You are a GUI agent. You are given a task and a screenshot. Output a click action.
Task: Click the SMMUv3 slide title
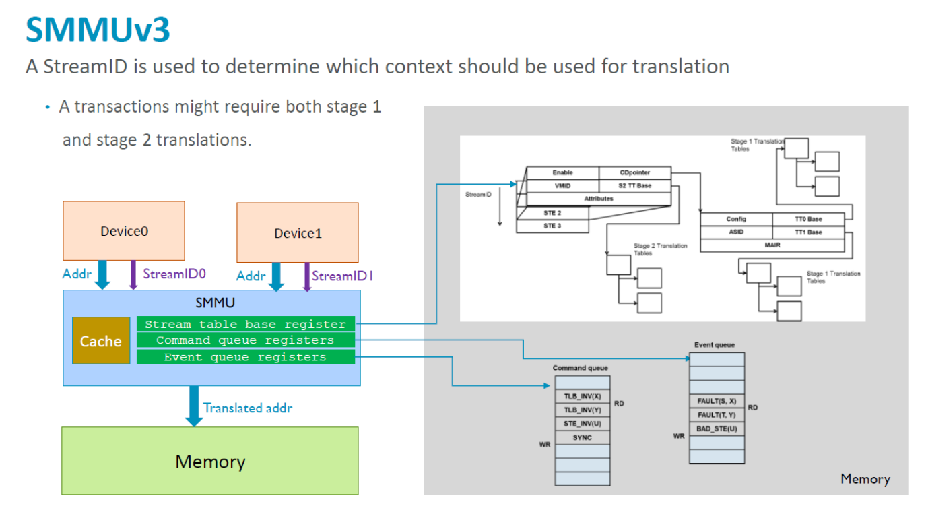pyautogui.click(x=98, y=30)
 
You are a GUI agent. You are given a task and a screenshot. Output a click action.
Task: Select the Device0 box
pyautogui.click(x=124, y=231)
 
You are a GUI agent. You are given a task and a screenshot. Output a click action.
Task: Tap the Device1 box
pyautogui.click(x=298, y=233)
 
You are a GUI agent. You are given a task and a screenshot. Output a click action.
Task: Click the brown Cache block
pyautogui.click(x=101, y=341)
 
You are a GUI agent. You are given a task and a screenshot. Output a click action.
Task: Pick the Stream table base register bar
pyautogui.click(x=245, y=324)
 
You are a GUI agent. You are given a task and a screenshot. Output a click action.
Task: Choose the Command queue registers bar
pyautogui.click(x=245, y=340)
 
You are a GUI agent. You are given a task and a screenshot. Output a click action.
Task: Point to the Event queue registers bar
pyautogui.click(x=245, y=357)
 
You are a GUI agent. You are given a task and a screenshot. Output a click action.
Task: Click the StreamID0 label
pyautogui.click(x=174, y=274)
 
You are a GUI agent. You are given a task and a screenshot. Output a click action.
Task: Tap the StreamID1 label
pyautogui.click(x=343, y=276)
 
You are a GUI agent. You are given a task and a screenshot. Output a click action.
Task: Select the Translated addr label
pyautogui.click(x=248, y=408)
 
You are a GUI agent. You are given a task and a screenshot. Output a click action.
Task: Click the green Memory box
pyautogui.click(x=210, y=462)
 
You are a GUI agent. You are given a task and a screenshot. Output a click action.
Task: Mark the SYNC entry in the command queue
pyautogui.click(x=583, y=437)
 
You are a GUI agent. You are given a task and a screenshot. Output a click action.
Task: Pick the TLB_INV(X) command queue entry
pyautogui.click(x=583, y=396)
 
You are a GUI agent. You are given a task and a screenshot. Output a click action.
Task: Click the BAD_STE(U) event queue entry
pyautogui.click(x=717, y=428)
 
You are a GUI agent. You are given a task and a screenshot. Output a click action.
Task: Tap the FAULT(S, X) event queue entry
pyautogui.click(x=717, y=401)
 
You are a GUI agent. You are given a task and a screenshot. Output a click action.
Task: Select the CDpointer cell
pyautogui.click(x=634, y=173)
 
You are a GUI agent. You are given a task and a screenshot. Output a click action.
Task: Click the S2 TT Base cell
pyautogui.click(x=634, y=186)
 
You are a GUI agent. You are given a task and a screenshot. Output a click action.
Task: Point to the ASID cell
pyautogui.click(x=736, y=232)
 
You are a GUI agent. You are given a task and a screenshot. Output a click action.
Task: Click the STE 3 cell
pyautogui.click(x=552, y=226)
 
